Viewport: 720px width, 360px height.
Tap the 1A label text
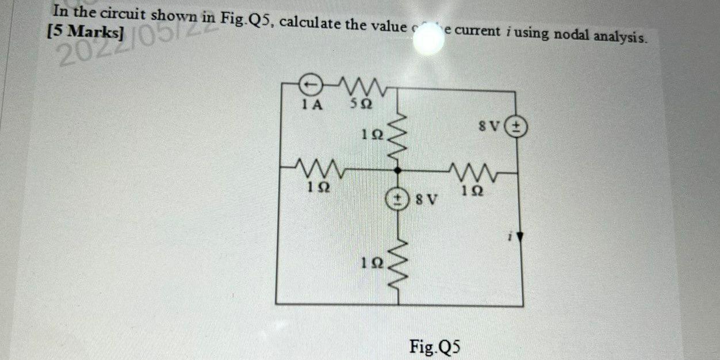[312, 106]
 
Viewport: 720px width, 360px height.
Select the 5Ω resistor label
[361, 106]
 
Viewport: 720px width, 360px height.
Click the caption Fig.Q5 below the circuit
[435, 347]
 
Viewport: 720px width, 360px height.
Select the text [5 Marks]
[86, 32]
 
